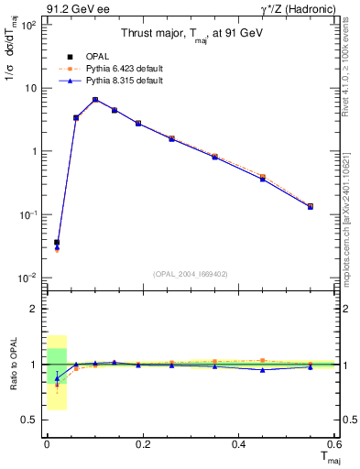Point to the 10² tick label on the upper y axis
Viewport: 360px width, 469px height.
27,25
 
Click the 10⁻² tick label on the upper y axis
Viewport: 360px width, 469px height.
27,278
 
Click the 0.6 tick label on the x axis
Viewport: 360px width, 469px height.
333,443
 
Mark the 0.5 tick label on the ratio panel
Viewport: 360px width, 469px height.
31,420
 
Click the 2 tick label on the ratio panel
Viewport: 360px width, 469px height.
35,309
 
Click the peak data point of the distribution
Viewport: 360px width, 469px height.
95,99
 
